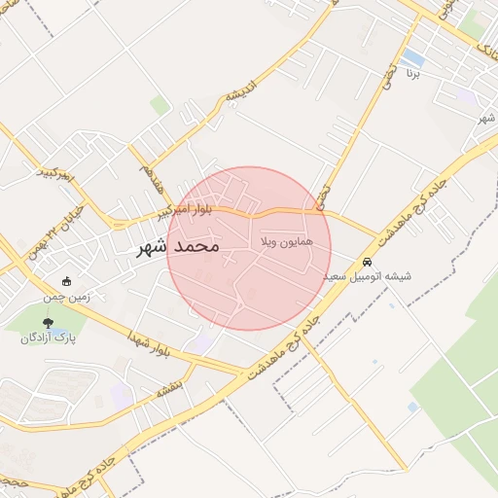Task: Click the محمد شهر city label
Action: coord(177,247)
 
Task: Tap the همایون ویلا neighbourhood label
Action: coord(287,239)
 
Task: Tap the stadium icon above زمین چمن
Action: coord(67,281)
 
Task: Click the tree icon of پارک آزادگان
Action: coord(49,323)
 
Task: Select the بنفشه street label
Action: coord(167,388)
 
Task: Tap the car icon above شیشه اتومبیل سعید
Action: coord(368,262)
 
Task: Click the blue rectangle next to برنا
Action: coord(412,58)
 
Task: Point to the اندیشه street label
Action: coord(239,91)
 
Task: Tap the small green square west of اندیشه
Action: coord(160,105)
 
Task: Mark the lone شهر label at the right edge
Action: coord(486,117)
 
